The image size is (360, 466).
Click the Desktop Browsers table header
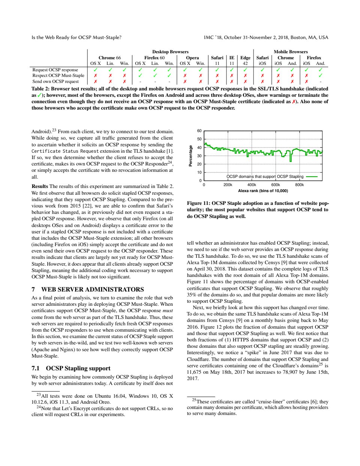pos(170,52)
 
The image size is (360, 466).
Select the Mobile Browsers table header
pos(291,52)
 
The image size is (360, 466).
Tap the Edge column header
pos(245,58)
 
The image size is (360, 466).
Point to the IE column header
pos(232,58)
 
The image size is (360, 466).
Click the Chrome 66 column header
pos(109,58)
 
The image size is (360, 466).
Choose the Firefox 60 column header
pos(154,58)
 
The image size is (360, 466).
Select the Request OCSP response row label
pos(55,70)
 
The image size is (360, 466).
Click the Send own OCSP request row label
pos(55,81)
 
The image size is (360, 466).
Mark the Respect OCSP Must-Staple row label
pos(58,75)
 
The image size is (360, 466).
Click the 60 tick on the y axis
pos(199,131)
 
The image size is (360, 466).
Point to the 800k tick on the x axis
pos(299,185)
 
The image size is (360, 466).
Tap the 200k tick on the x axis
pos(228,185)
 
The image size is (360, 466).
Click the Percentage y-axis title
pos(190,156)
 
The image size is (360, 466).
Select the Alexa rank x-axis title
pos(263,191)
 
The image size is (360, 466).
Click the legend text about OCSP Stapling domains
pos(265,176)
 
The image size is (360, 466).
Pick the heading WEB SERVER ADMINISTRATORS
pos(92,289)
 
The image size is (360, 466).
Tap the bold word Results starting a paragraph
pos(40,186)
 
